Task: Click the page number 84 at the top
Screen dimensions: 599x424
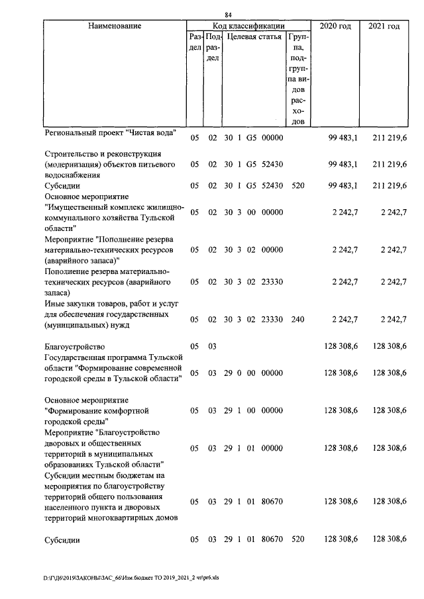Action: click(x=228, y=15)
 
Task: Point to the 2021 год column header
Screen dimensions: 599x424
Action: click(x=384, y=26)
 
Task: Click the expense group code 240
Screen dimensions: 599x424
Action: click(x=297, y=320)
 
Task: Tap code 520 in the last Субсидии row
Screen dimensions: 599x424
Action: click(x=297, y=540)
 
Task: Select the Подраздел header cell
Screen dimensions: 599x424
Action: click(x=212, y=48)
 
